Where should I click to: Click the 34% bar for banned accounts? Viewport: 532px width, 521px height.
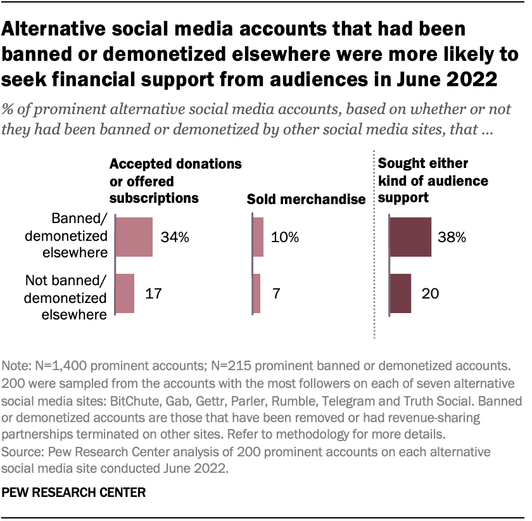coord(134,237)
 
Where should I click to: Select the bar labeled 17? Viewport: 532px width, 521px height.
coord(125,293)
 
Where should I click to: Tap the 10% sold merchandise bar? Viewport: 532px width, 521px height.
coord(258,237)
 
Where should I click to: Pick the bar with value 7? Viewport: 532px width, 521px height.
coord(256,293)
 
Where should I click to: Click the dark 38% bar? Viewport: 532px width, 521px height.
coord(410,237)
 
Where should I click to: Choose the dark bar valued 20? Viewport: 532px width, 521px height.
coord(400,293)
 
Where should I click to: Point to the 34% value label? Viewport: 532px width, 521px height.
coord(175,238)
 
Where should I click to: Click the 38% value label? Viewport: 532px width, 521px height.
coord(452,238)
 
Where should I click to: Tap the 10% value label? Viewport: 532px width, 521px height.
coord(284,238)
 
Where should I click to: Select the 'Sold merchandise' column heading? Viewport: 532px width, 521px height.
coord(306,200)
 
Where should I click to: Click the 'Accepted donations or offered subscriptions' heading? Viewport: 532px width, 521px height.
coord(175,181)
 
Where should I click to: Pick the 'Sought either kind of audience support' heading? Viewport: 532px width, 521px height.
coord(433,181)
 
